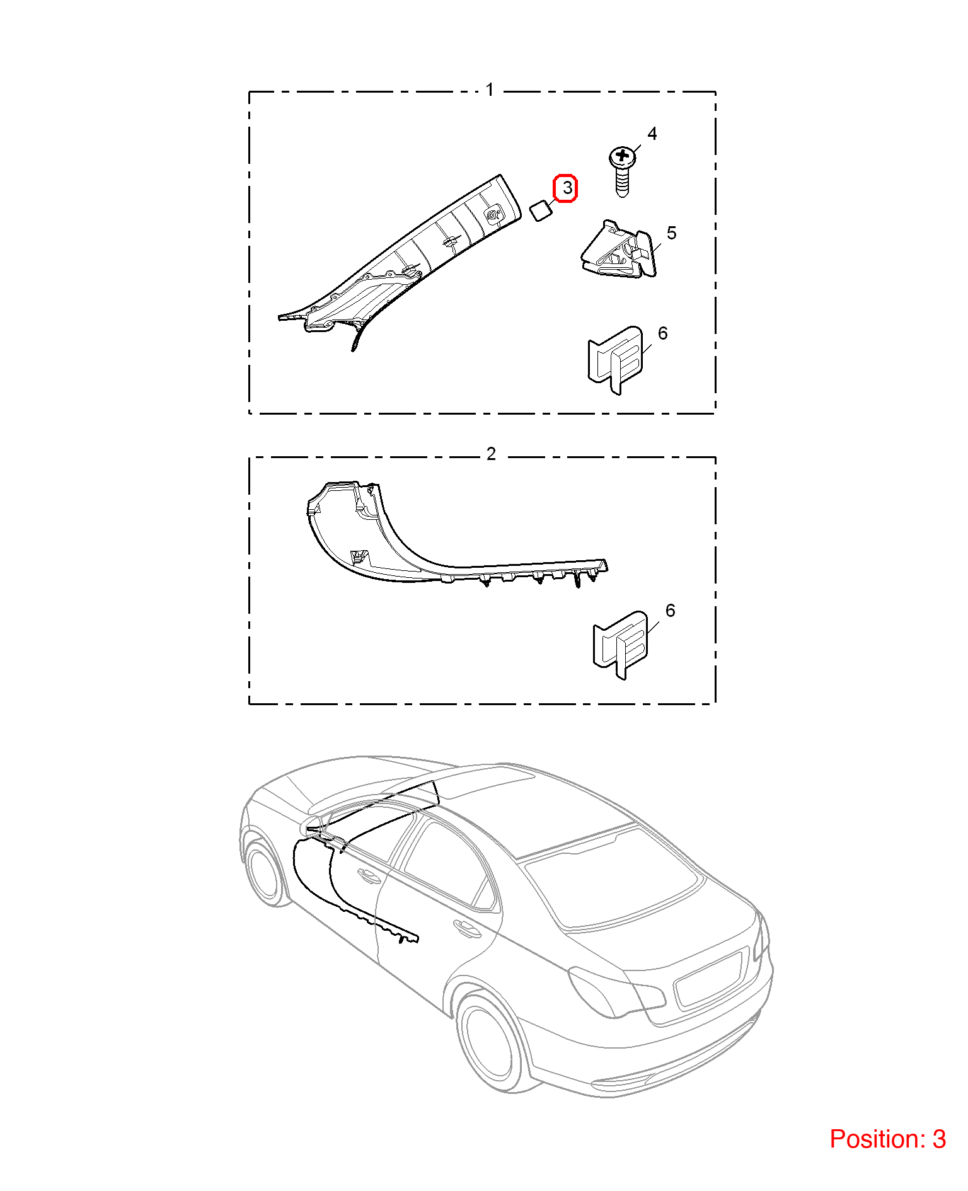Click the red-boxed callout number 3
click(566, 188)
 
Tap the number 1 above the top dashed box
click(490, 90)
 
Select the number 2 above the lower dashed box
click(491, 454)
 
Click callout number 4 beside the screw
click(652, 134)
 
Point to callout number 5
click(671, 233)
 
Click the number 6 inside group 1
click(662, 333)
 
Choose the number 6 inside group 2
click(670, 611)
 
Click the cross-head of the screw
click(623, 156)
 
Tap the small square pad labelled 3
click(541, 210)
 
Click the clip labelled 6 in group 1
click(616, 360)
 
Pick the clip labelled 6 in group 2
click(621, 645)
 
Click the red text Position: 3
click(887, 1139)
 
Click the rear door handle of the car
click(467, 927)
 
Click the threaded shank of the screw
click(622, 183)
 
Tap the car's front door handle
click(368, 875)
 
